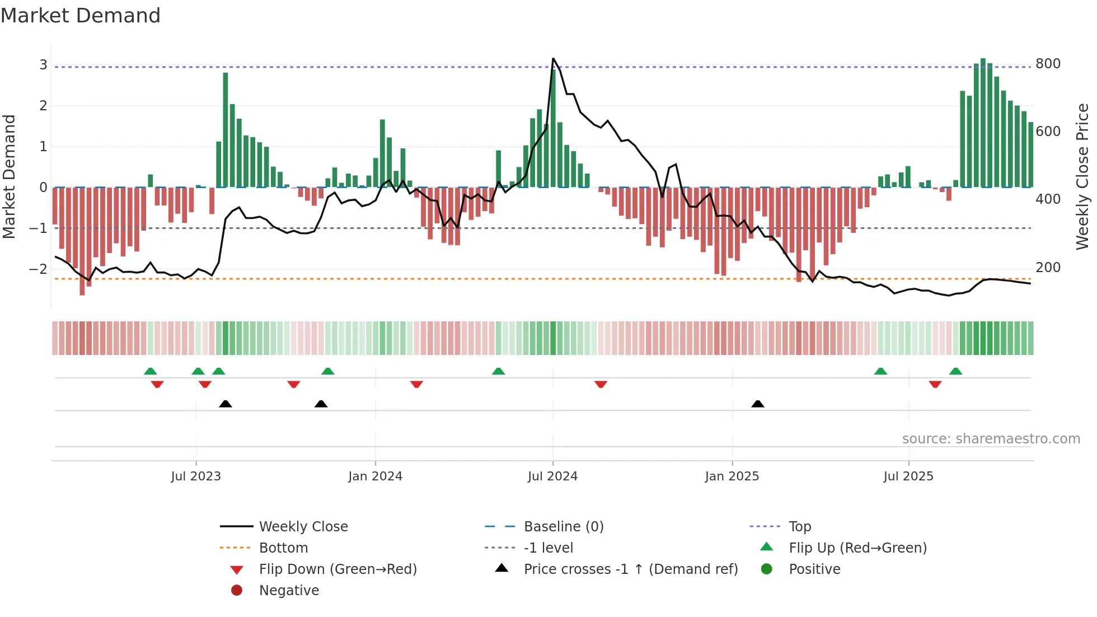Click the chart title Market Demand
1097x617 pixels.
tap(81, 16)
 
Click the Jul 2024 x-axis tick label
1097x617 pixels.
tap(552, 476)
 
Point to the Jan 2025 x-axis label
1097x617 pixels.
tap(732, 476)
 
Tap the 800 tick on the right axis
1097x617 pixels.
tap(1048, 64)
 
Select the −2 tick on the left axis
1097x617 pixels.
tap(38, 269)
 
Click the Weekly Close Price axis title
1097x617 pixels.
tap(1082, 176)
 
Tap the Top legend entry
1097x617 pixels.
tap(799, 527)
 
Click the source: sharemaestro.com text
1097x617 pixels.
tap(991, 439)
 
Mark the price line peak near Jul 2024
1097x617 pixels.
tap(553, 59)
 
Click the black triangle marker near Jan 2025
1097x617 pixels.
tap(758, 404)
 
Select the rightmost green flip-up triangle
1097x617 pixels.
tap(955, 371)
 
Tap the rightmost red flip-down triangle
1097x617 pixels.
tap(935, 384)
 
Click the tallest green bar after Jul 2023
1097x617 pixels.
tap(226, 129)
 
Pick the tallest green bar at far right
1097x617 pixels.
tap(983, 122)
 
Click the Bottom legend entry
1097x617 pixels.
tap(283, 548)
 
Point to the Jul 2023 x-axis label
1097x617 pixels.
tap(196, 476)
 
